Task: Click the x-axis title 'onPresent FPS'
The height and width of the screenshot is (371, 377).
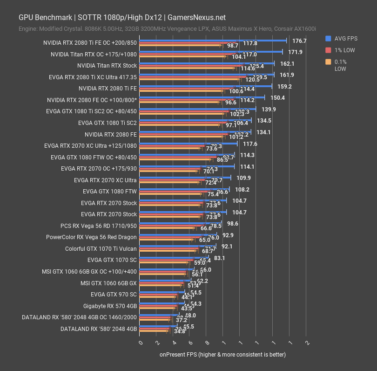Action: [x=222, y=354]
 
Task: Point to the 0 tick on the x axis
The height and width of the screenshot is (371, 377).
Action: [x=141, y=342]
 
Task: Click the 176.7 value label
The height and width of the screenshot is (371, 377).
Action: [x=300, y=41]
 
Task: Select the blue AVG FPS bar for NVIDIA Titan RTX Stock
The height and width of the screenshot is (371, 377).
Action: [x=207, y=63]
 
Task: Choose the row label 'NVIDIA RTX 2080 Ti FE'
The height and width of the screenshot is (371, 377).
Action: [x=108, y=88]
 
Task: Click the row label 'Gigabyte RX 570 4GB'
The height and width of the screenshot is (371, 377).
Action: [x=110, y=306]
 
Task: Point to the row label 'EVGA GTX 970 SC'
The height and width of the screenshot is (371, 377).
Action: [x=114, y=295]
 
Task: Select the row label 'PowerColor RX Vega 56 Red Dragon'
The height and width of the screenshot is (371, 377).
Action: [x=91, y=237]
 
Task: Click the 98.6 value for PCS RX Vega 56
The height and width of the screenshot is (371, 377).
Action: [x=233, y=224]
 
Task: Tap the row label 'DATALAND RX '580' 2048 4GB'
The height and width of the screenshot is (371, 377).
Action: [x=98, y=329]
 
